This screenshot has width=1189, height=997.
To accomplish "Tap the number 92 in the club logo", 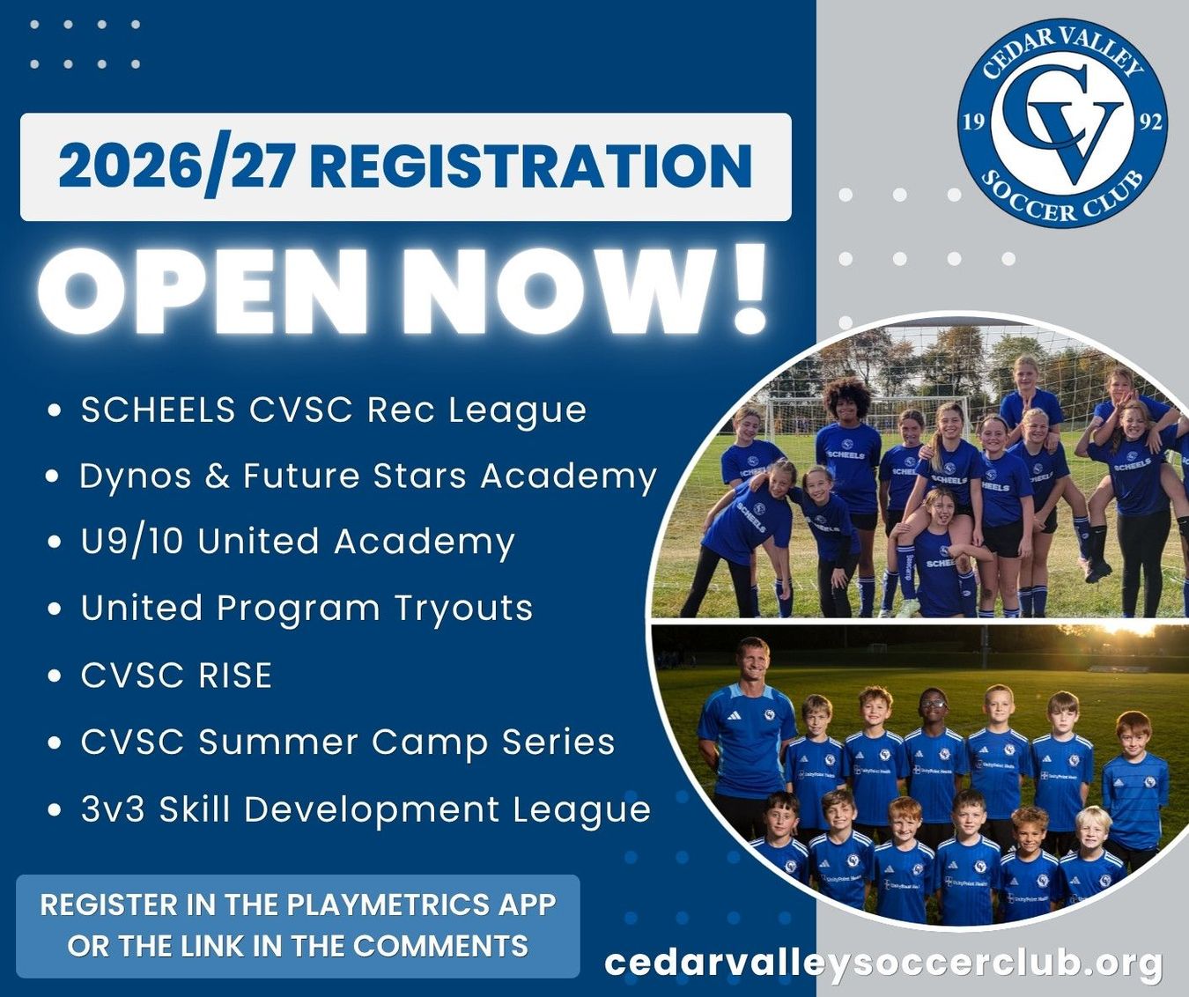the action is click(x=1150, y=122).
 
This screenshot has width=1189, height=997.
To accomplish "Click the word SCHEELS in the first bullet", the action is click(x=159, y=410).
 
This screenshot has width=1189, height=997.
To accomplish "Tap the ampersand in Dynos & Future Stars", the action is click(x=218, y=476).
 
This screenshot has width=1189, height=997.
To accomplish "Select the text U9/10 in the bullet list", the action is click(x=132, y=542).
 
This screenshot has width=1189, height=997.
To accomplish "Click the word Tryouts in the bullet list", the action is click(x=463, y=609).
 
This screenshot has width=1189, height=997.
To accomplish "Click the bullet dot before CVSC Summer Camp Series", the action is click(x=55, y=742).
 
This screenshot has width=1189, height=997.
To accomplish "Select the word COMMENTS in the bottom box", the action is click(x=440, y=946).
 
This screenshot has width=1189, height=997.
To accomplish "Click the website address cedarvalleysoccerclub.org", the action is click(x=883, y=963).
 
